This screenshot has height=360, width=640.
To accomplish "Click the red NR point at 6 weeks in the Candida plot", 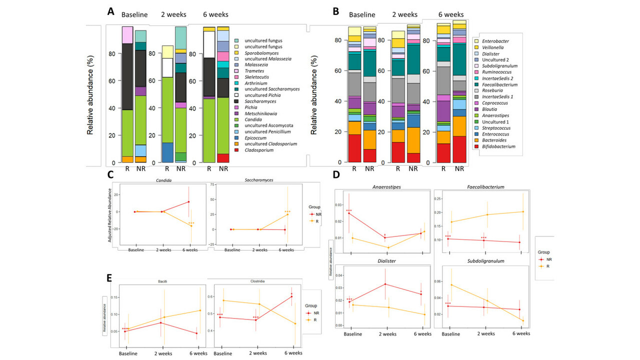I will (188, 202).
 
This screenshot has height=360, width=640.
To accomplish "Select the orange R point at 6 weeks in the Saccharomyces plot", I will (287, 214).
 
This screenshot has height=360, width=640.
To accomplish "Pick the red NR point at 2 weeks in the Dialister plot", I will (385, 284).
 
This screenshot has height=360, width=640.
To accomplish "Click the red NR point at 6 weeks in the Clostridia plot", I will (291, 296).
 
